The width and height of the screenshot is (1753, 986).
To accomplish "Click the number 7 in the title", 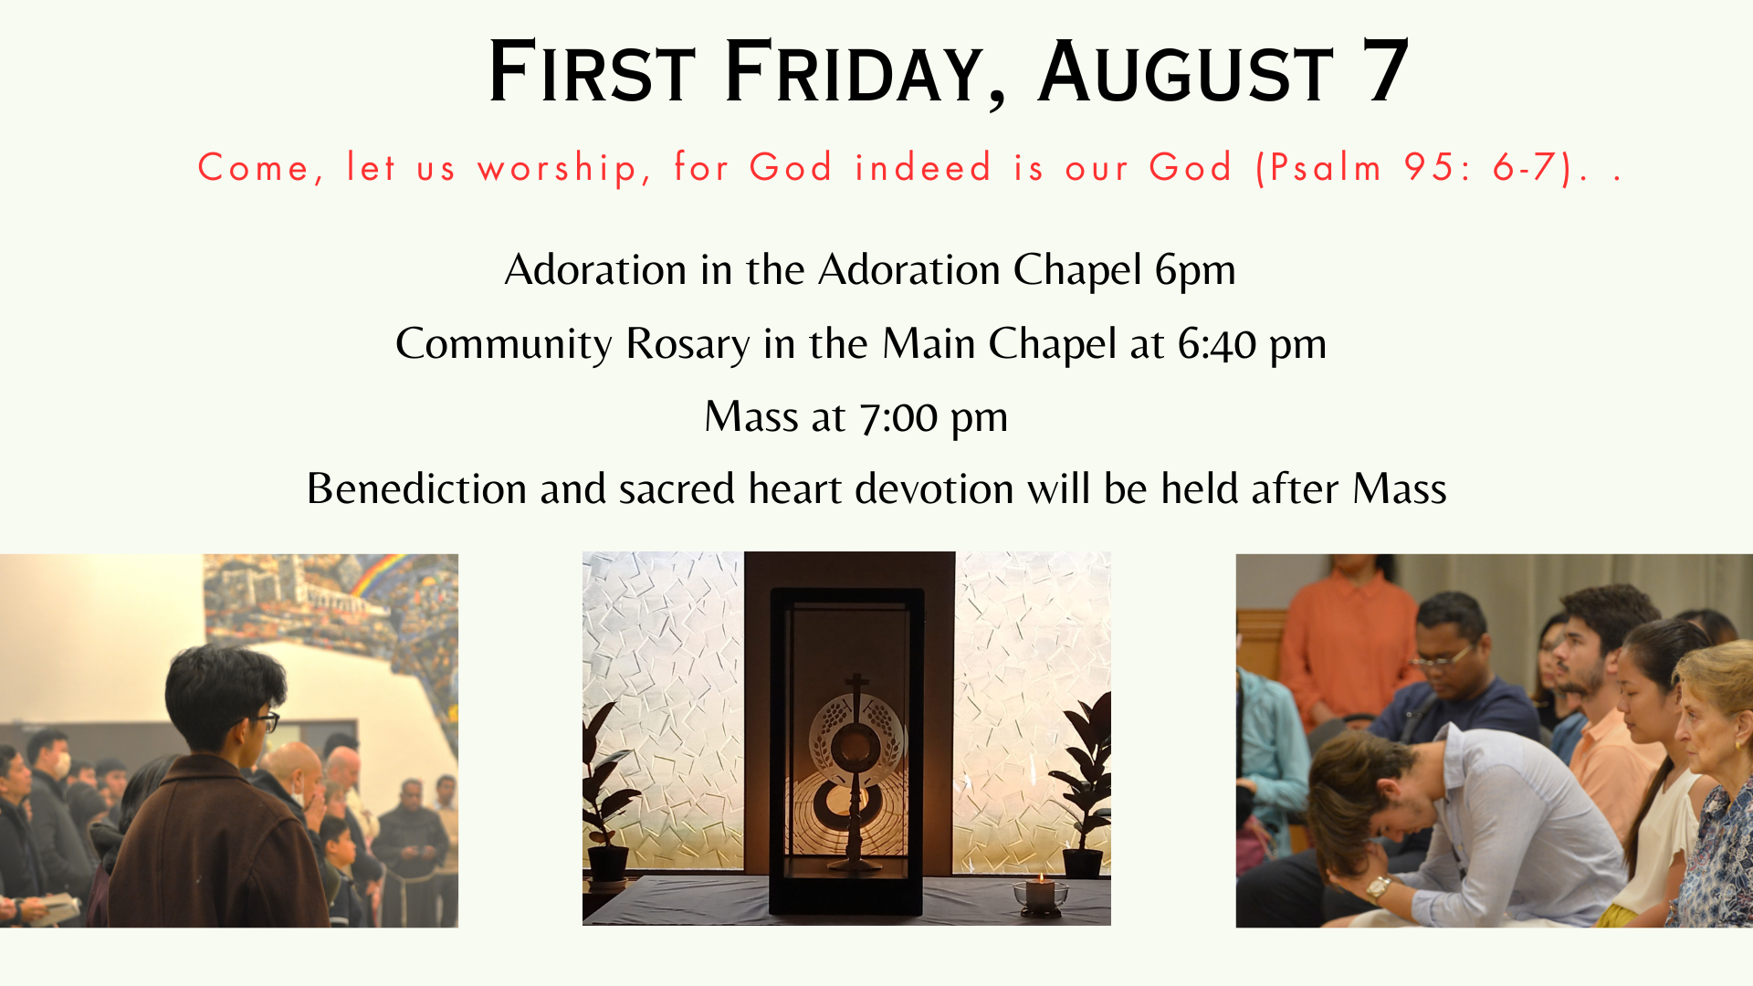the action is tap(1385, 71).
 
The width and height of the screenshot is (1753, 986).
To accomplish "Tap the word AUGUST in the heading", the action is tap(1185, 72).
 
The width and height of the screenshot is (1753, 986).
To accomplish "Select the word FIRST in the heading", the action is tap(592, 72).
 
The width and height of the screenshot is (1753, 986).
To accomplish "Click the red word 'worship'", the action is tap(557, 169).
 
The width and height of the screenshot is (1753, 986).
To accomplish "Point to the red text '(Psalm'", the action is tap(1319, 168).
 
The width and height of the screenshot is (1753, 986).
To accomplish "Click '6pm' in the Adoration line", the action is tap(1195, 271).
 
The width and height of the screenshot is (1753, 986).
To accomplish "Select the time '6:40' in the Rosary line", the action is tap(1217, 345).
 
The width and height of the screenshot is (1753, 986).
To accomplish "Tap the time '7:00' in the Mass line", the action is tap(898, 418).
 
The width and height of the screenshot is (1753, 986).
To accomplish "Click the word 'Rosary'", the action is tap(688, 345).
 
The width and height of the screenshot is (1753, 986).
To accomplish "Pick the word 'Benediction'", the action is tap(416, 489).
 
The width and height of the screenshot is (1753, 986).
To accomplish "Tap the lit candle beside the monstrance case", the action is tap(1041, 893).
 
